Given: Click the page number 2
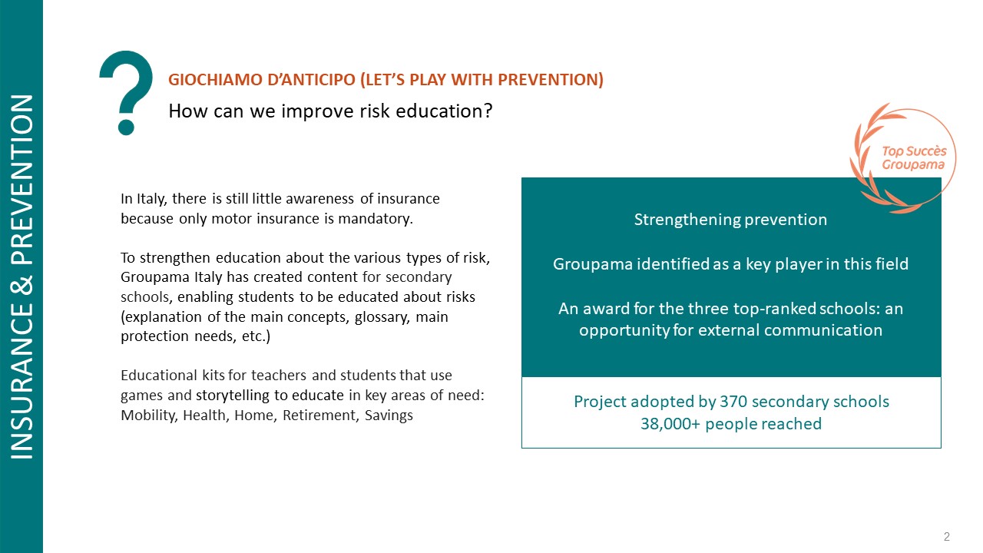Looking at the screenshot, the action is coord(947,536).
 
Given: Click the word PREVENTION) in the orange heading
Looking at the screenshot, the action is coord(551,80).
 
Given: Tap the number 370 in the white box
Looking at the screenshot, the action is coord(733,402).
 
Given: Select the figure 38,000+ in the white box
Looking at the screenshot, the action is coord(670,424).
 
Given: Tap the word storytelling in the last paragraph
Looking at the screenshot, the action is coord(233,396).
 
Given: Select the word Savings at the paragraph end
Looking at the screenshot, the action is coord(389,416).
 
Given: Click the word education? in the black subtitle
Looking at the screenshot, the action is coord(444,111).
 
